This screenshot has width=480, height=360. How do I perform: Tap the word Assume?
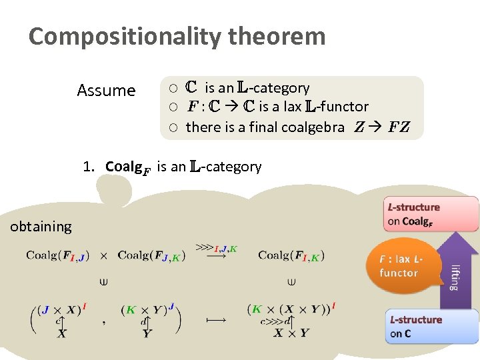(106, 91)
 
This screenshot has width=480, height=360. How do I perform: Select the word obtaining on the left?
(41, 227)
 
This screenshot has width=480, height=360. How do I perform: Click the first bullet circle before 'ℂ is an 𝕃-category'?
(172, 89)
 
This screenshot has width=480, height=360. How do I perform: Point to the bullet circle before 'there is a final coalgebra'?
(172, 127)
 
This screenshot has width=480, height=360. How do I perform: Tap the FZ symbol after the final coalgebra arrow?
(399, 127)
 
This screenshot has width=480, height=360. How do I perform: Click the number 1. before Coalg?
(90, 167)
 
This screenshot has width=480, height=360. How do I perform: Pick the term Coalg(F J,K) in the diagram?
(151, 255)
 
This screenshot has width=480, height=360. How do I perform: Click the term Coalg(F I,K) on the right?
(291, 255)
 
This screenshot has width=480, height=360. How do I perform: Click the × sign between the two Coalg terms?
(103, 255)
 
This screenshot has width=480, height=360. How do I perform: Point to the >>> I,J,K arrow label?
(216, 250)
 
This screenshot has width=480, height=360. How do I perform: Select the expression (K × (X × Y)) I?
(291, 309)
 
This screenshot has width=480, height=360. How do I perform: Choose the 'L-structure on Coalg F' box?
(430, 214)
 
